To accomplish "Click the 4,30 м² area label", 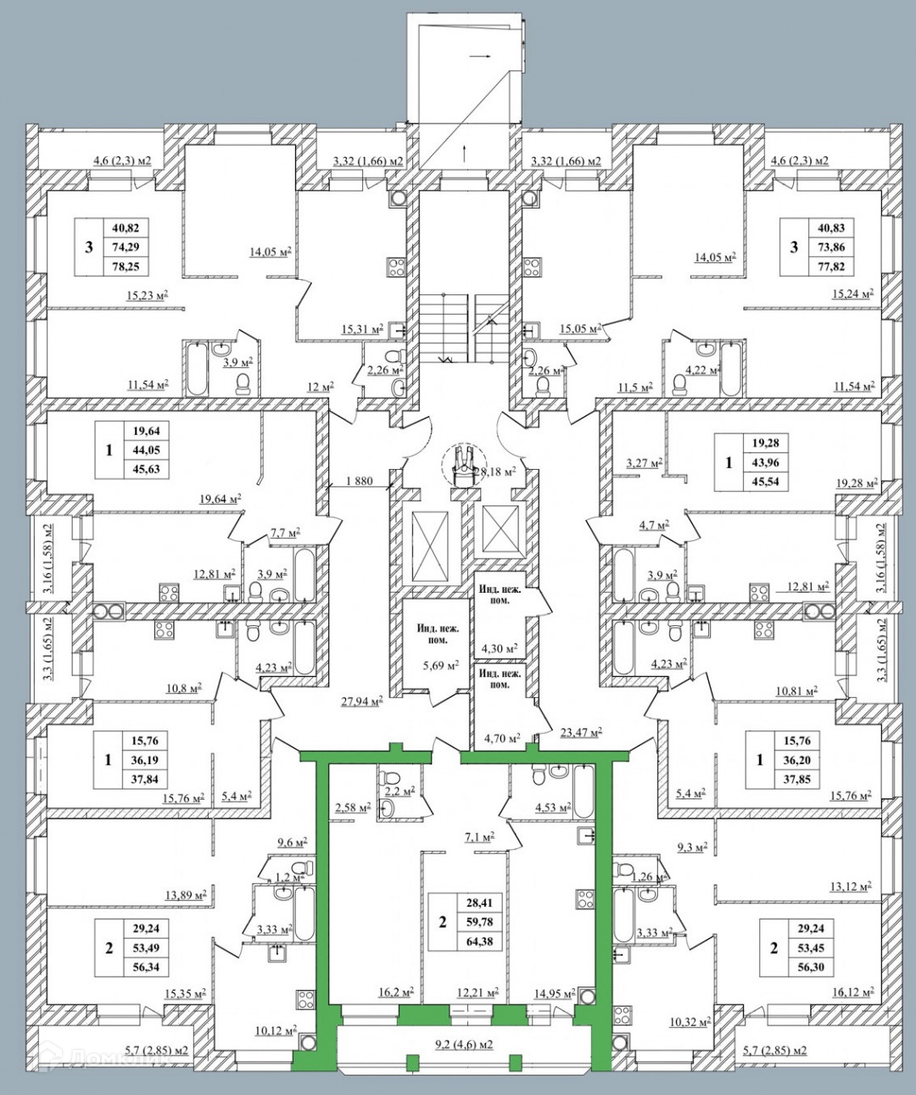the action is (x=500, y=648).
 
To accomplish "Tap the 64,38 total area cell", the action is (x=479, y=941).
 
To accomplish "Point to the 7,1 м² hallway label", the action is (x=478, y=838).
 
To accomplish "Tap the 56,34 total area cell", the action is (x=142, y=966).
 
